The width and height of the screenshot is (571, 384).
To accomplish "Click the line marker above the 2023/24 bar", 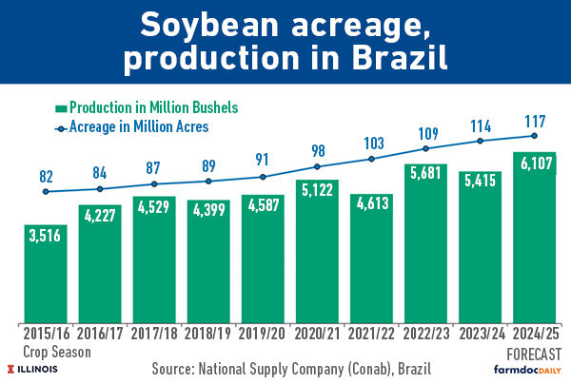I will point(480,141).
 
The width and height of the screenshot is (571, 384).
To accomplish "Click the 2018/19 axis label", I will point(208,335).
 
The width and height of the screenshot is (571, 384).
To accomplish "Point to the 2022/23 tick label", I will point(425,335).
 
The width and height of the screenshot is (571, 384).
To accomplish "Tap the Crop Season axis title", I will point(52,351).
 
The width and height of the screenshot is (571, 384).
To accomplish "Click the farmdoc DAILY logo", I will point(528,368).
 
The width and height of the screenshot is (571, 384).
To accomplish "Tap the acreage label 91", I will point(263,160).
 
